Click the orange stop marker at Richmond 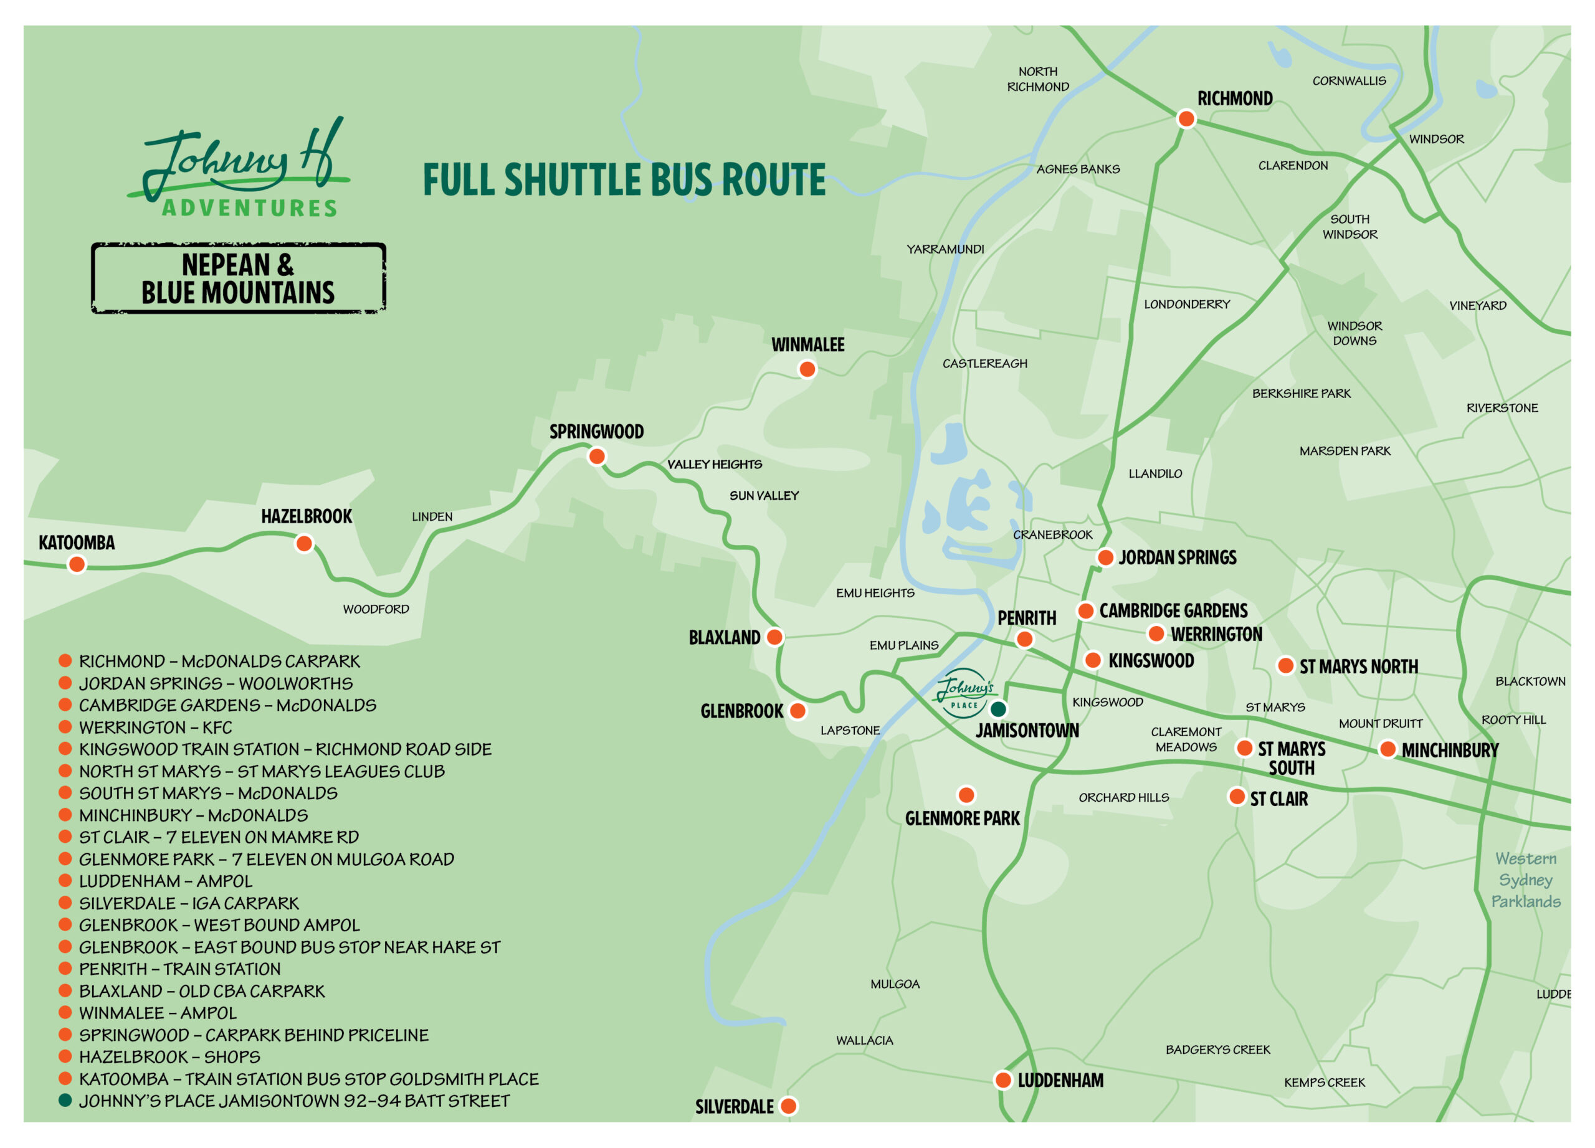coord(1186,119)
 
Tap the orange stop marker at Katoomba coord(77,564)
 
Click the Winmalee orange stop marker coord(807,369)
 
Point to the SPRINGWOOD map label coord(596,432)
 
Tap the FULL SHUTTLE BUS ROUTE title coord(624,180)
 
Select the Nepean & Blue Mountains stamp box coord(239,278)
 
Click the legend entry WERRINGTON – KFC coord(155,727)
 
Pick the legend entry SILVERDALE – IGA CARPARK coord(189,903)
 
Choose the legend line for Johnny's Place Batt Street coord(294,1101)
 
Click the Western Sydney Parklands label coord(1525,880)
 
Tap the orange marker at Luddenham coord(1003,1080)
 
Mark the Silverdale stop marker coord(788,1106)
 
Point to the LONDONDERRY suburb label coord(1186,305)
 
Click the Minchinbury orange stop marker coord(1387,749)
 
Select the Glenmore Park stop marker coord(966,795)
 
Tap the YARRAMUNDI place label coord(945,250)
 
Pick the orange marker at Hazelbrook coord(304,543)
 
